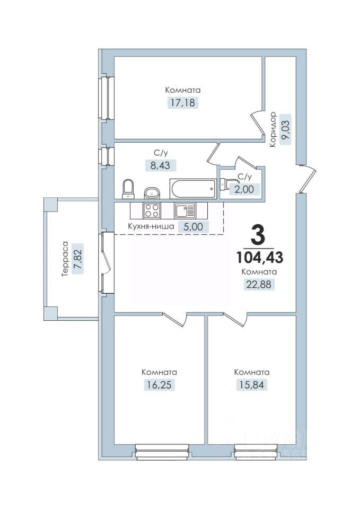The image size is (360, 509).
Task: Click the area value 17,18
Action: (182, 103)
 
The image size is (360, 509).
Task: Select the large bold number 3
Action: (258, 236)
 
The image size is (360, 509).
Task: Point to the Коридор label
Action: (273, 129)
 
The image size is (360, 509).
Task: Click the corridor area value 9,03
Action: (286, 129)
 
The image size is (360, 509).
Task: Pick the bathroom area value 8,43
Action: (160, 165)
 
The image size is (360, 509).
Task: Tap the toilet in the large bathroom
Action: (128, 189)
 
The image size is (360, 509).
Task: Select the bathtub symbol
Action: (192, 188)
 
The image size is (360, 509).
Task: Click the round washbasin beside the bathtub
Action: (151, 193)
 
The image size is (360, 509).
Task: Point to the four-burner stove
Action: (152, 210)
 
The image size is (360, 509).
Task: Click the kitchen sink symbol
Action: (185, 210)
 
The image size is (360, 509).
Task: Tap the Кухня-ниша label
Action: (151, 226)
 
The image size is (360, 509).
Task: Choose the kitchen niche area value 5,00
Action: (193, 226)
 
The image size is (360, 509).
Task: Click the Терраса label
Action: (65, 259)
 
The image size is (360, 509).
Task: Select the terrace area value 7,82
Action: (78, 259)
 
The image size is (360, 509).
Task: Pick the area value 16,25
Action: (159, 385)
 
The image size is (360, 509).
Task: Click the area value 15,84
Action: (252, 385)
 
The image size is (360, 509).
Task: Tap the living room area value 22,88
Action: (259, 284)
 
